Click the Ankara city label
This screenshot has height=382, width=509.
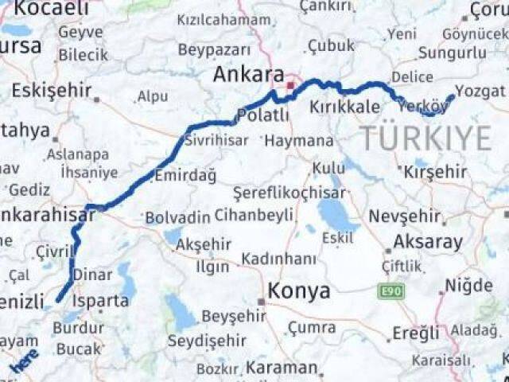coord(249,75)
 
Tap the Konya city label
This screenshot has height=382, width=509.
coord(298,291)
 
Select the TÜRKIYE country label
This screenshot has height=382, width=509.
coord(426,138)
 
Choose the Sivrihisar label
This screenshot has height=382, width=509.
coord(216,140)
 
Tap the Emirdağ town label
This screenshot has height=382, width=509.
coord(185,176)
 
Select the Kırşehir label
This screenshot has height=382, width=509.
coord(435,172)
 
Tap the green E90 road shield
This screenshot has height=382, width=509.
coord(390,292)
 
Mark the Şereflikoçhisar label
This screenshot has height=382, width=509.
coord(289,193)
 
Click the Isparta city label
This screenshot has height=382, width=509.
coord(100,301)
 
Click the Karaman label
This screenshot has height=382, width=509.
coord(282,368)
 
